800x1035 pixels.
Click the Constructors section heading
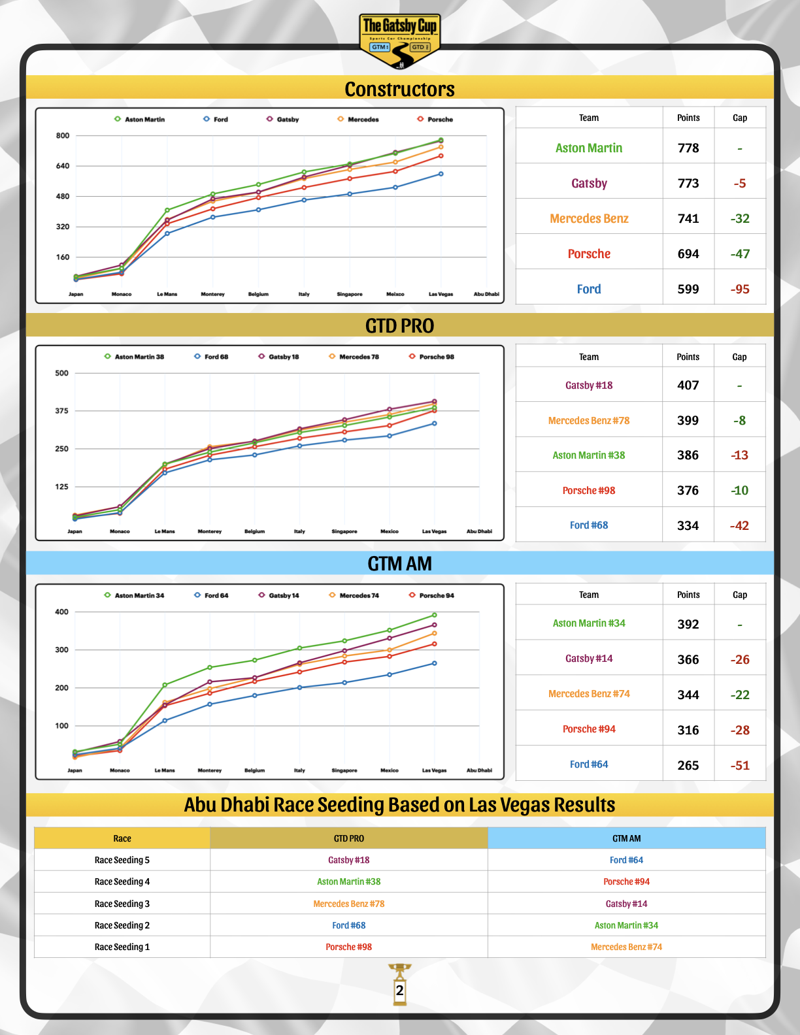tap(399, 89)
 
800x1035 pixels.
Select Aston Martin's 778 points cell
tap(688, 148)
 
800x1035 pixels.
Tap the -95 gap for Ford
tap(740, 289)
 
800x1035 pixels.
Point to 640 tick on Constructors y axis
tap(63, 166)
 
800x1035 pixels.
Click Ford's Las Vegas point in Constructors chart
tap(441, 174)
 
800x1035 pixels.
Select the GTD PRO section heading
tap(399, 325)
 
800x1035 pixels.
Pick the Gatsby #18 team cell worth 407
tap(589, 386)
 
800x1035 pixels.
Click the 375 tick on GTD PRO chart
tap(61, 411)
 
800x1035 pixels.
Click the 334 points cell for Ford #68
tap(688, 525)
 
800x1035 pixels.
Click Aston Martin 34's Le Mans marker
tap(165, 685)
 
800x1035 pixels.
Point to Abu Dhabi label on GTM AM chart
tap(479, 770)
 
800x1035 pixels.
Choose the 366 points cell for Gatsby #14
tap(688, 659)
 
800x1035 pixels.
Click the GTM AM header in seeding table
tap(626, 838)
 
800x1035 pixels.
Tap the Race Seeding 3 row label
tap(122, 904)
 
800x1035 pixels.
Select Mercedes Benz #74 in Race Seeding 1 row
tap(626, 947)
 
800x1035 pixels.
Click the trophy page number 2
tap(399, 991)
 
